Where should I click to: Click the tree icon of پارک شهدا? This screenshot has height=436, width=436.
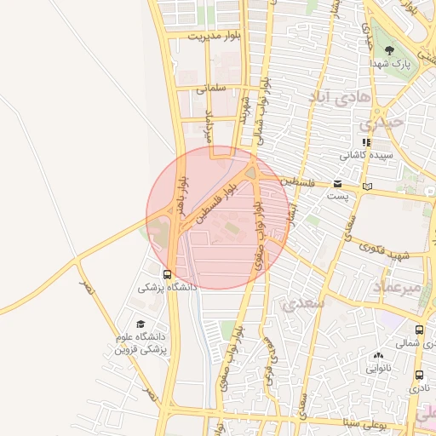[x=390, y=50]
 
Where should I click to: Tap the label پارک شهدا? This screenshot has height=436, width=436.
[x=390, y=65]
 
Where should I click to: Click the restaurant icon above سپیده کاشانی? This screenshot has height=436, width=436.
[x=365, y=142]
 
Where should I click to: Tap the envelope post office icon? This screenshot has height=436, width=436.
[x=338, y=184]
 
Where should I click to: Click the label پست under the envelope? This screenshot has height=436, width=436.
[x=338, y=196]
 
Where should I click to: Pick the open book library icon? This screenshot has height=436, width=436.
[x=367, y=186]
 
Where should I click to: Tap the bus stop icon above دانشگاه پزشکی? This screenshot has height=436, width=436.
[x=167, y=274]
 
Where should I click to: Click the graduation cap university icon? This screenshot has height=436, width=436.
[x=141, y=324]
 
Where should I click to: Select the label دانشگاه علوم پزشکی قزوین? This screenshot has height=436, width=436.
[x=141, y=343]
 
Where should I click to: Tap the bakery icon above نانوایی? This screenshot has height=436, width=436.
[x=378, y=355]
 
